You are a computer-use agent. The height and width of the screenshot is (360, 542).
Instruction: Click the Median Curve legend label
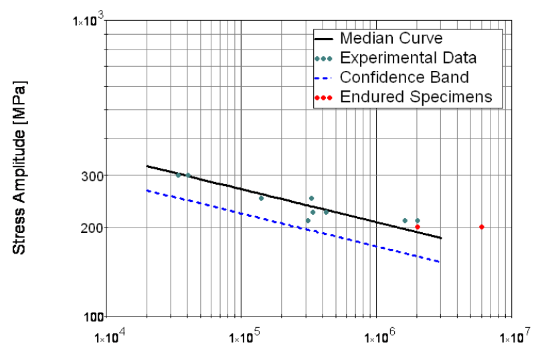click(x=391, y=38)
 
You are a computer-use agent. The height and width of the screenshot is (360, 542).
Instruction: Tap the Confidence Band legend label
click(x=404, y=77)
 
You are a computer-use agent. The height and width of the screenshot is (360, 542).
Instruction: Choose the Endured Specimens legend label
click(x=416, y=96)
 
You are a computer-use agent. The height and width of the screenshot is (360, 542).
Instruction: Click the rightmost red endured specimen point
click(x=482, y=227)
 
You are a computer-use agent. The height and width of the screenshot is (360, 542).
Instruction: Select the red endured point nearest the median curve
click(x=418, y=227)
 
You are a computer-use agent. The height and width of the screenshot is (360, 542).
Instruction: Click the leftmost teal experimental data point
click(x=178, y=175)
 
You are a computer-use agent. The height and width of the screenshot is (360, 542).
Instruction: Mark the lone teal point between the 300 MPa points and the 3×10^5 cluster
click(x=261, y=198)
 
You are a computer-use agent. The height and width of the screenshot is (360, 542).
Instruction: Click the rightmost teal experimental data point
click(x=418, y=220)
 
